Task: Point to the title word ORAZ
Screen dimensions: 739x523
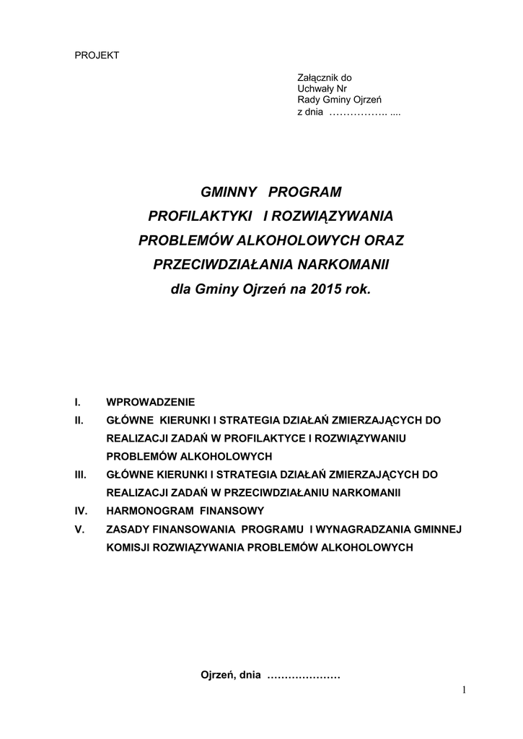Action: [x=369, y=240]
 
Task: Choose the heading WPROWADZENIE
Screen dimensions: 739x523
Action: [x=151, y=401]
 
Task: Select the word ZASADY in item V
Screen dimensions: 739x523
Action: [x=127, y=529]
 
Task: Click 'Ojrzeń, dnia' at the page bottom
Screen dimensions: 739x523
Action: [x=229, y=675]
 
